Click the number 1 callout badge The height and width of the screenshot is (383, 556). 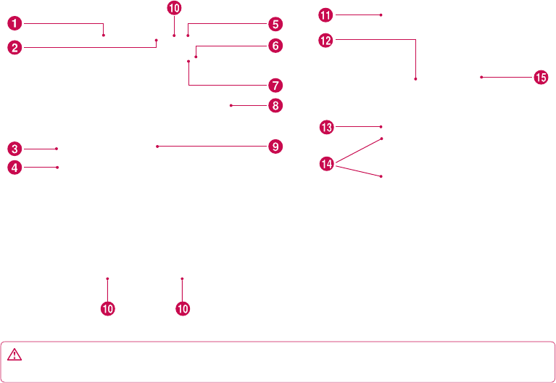14,24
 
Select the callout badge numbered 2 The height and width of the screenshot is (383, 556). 14,48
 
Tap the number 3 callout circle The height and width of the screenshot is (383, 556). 14,149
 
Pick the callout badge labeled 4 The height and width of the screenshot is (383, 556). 14,168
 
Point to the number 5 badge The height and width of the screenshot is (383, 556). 274,24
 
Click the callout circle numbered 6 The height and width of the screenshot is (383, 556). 274,46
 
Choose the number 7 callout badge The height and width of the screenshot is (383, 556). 274,85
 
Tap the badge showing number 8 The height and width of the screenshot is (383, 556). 274,106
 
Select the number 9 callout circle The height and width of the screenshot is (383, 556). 274,147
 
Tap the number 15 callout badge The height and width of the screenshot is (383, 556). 541,77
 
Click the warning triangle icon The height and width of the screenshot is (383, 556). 16,355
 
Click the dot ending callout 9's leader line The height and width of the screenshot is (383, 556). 157,147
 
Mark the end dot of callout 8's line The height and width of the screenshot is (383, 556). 231,106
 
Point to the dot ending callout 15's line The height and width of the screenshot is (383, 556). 481,77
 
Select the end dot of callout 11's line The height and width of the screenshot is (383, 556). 381,15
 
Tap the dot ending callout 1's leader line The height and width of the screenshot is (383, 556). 104,34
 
